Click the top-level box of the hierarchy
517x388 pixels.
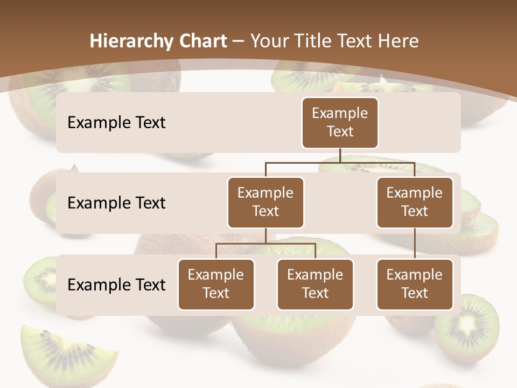[x=340, y=122]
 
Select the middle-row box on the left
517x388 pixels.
[x=266, y=202]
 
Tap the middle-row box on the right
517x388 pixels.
[x=415, y=202]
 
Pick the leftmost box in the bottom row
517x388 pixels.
[x=216, y=284]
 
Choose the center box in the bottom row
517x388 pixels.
[x=315, y=284]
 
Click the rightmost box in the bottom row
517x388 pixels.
[x=415, y=284]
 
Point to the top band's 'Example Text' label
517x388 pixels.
[x=116, y=122]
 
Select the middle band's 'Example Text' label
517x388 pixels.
[x=116, y=203]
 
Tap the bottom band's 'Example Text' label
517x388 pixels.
[x=116, y=285]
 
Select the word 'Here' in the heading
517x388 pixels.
[x=398, y=41]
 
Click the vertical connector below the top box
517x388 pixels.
[x=340, y=155]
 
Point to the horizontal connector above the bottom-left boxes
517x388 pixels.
[x=266, y=244]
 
